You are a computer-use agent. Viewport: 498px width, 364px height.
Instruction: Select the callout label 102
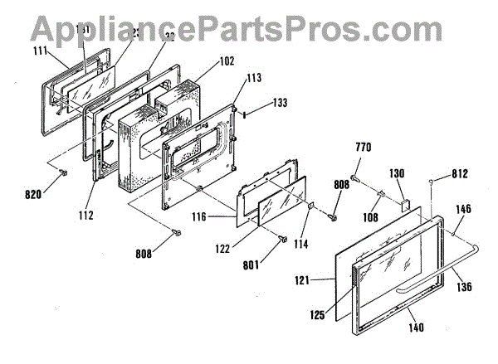(203, 61)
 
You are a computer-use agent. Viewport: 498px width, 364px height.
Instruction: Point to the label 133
(281, 104)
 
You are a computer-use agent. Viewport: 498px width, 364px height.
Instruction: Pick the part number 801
(276, 266)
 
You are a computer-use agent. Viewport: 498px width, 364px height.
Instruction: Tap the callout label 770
(364, 147)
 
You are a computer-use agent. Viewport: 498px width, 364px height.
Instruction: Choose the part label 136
(465, 288)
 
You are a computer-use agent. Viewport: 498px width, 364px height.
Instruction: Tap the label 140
(415, 328)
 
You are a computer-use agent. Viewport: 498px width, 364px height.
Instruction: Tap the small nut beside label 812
(432, 181)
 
